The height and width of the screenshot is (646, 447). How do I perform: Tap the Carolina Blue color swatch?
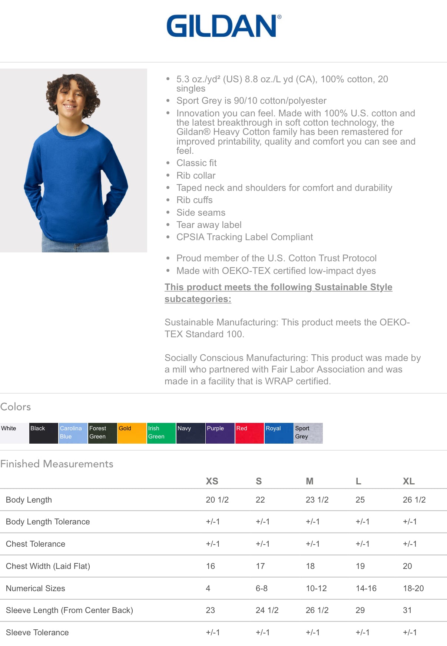73,433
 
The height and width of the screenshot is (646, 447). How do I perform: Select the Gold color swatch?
132,433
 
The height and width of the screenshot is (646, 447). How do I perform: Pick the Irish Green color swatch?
161,433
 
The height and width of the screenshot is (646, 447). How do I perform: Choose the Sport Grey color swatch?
308,433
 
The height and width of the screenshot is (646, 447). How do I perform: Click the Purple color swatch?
220,433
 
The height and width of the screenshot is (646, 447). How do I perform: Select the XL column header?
408,481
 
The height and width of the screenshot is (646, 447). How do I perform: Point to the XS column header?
212,481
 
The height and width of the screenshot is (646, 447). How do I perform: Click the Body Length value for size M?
317,500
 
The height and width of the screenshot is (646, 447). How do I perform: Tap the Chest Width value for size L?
360,566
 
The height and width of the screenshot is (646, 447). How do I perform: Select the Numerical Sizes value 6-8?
261,588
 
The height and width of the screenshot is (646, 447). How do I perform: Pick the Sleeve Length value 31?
407,610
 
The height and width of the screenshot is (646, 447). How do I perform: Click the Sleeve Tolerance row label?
37,632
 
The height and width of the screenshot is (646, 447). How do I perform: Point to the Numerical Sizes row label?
36,588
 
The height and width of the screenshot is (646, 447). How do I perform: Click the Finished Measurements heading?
57,464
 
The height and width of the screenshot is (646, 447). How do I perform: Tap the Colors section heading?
16,407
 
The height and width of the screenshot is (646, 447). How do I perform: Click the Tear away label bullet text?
209,225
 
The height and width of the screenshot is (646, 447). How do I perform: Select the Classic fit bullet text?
196,163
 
